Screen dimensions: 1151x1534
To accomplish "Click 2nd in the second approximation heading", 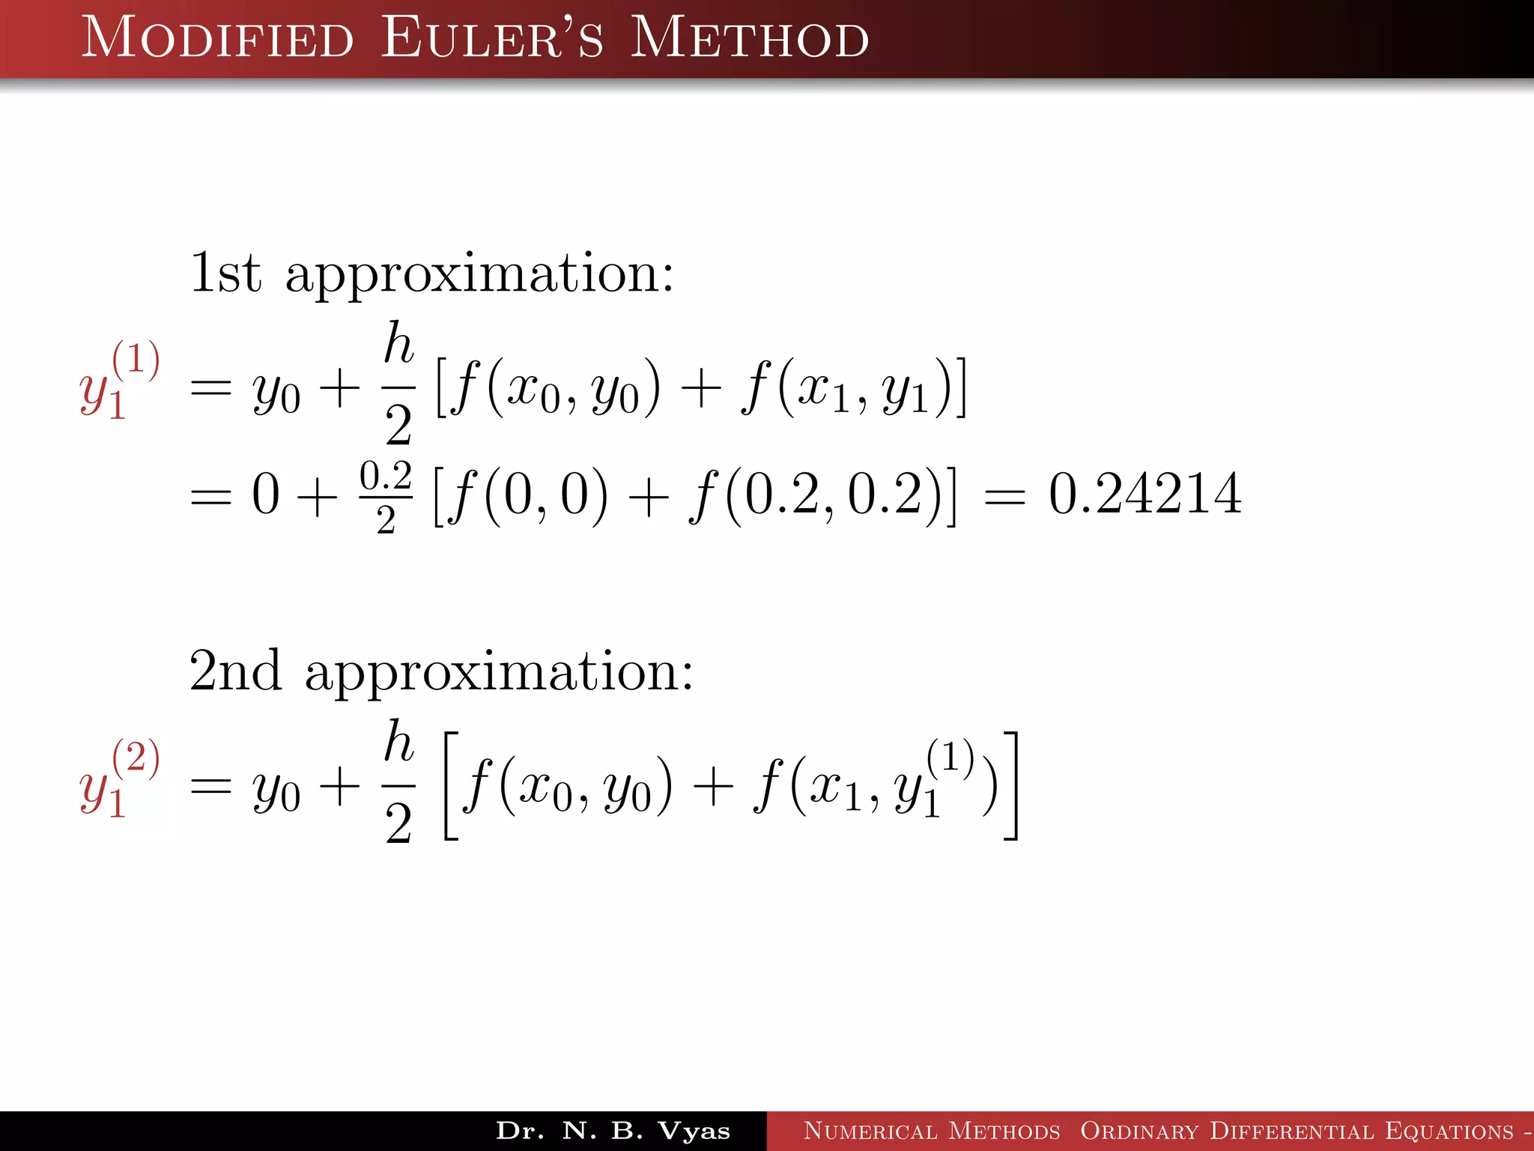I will click(235, 670).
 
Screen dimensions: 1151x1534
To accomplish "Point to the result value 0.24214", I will click(1145, 495).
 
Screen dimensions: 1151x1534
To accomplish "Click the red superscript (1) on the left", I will click(136, 358).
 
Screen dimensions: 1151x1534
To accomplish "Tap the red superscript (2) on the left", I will click(136, 756).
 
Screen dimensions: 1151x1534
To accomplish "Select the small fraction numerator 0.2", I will click(386, 476).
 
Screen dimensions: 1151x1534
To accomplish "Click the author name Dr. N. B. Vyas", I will click(613, 1131).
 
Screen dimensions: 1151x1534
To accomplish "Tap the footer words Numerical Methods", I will click(932, 1131).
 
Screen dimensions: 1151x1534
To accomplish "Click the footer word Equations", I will click(1449, 1131).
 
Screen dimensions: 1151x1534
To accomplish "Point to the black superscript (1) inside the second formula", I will click(950, 756).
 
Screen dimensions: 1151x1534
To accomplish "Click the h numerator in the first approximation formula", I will click(398, 344).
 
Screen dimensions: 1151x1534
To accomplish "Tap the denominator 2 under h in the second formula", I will click(398, 824).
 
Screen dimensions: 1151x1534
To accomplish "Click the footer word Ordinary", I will click(1139, 1131).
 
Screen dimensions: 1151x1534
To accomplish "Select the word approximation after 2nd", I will click(499, 673).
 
